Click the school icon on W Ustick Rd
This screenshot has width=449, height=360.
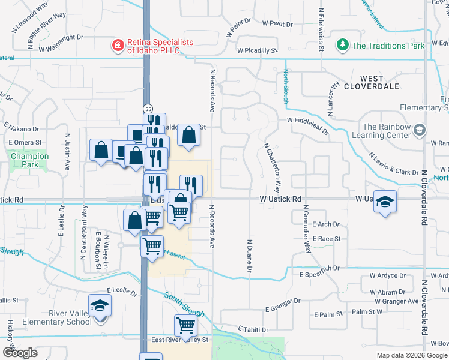[x=385, y=203]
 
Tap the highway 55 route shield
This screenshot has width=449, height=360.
[x=148, y=107]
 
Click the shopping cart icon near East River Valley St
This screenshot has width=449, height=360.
[x=185, y=326]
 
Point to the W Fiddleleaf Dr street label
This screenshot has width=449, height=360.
[x=307, y=121]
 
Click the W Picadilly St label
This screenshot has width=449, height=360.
[x=257, y=51]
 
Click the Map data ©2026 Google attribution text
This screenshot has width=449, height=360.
[x=412, y=355]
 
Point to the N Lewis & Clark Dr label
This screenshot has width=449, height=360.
[x=393, y=163]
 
